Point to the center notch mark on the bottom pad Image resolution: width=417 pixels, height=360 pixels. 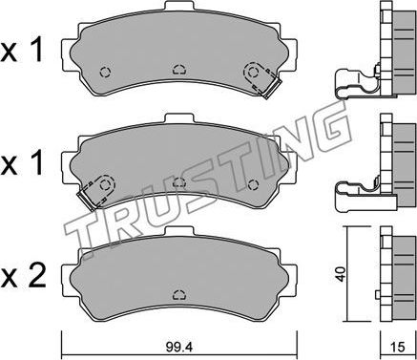177,294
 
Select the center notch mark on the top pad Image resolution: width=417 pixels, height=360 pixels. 177,69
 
